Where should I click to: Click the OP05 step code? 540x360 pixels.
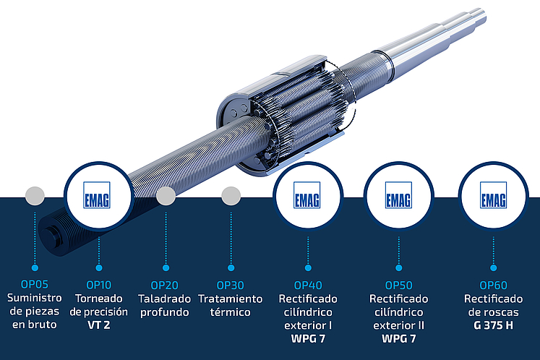[34, 285]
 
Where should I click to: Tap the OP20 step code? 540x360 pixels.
[165, 285]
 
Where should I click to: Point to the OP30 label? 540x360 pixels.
[231, 285]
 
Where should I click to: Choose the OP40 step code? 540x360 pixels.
[308, 285]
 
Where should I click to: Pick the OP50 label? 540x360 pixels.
[398, 285]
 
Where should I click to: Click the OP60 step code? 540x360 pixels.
[494, 285]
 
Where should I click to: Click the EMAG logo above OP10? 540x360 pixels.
[98, 195]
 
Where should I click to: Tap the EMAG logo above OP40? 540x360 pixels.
[307, 195]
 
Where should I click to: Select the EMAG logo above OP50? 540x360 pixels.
[399, 195]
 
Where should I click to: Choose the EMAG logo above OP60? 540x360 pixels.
[493, 195]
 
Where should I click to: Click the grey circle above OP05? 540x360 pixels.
[35, 195]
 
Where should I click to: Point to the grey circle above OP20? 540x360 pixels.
[166, 195]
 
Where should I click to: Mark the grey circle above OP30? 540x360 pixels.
[231, 195]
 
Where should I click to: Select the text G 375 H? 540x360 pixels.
[494, 325]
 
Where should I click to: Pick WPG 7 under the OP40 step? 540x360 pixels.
[308, 338]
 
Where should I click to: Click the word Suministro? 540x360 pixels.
[34, 299]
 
